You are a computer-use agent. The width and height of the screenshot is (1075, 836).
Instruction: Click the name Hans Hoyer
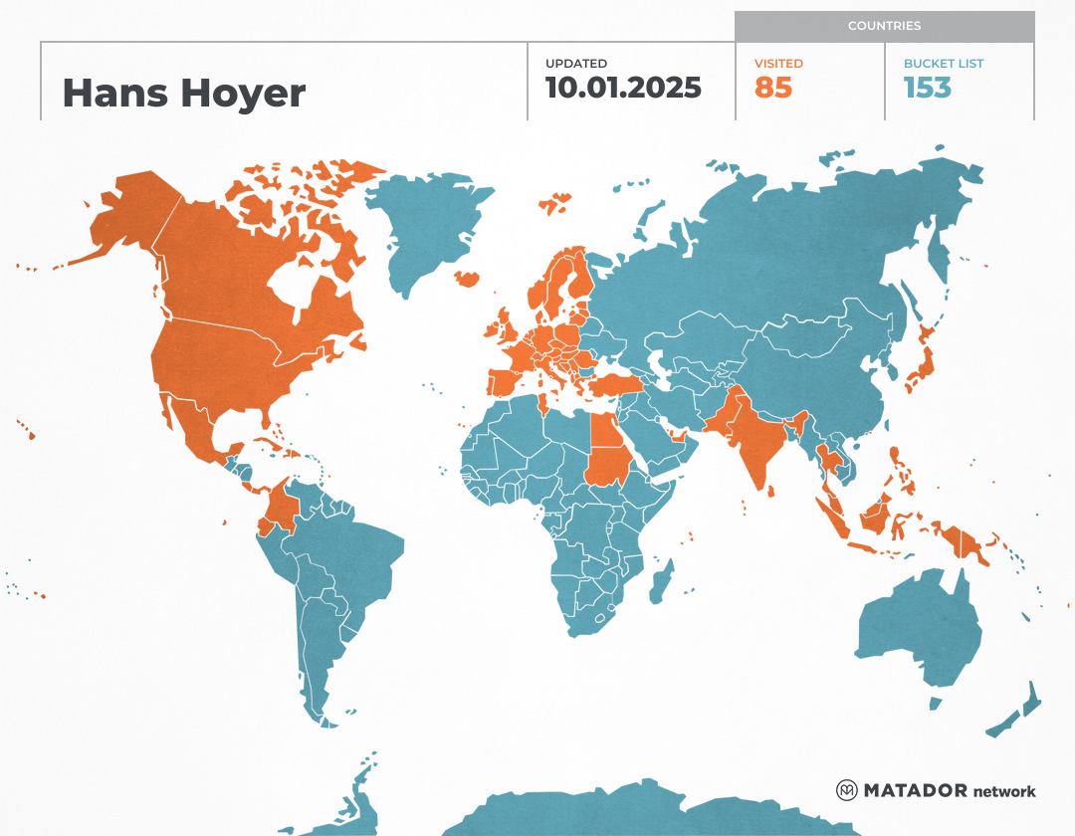point(183,94)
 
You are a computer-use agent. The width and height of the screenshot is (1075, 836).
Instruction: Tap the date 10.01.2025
point(623,88)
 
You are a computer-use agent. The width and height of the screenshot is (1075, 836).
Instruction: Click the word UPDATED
point(575,64)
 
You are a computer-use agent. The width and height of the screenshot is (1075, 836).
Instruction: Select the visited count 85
point(773,88)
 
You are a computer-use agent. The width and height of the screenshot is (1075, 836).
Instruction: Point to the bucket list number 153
point(928,88)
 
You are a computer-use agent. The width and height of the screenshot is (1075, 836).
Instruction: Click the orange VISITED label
point(778,64)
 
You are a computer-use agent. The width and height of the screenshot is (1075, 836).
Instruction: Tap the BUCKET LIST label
point(944,64)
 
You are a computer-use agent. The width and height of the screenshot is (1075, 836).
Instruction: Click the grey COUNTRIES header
point(884,26)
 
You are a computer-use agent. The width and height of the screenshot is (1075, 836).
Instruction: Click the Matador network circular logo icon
point(847,790)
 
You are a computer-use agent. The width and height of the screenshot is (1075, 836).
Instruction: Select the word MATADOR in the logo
point(915,791)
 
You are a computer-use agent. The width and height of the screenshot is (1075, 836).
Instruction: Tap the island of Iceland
point(465,279)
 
